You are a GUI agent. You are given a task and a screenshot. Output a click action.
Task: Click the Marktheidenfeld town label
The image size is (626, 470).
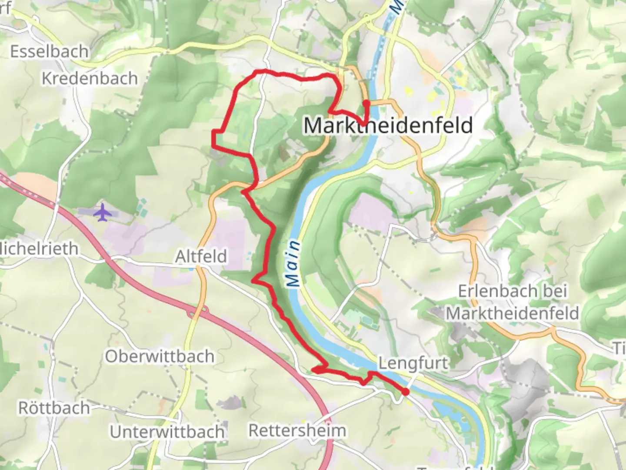pyautogui.click(x=388, y=125)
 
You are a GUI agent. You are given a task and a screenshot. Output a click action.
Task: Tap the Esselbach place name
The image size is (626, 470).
pyautogui.click(x=49, y=52)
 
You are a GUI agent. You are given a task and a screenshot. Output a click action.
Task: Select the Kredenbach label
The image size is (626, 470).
pyautogui.click(x=90, y=78)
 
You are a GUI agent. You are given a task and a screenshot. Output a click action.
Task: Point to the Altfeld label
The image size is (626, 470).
pyautogui.click(x=201, y=256)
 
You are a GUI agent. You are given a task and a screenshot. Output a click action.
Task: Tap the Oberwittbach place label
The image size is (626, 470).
pyautogui.click(x=160, y=356)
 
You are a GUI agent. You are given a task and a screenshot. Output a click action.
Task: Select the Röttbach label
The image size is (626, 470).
pyautogui.click(x=54, y=408)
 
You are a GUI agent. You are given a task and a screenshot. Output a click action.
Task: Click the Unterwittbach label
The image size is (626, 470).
pyautogui.click(x=167, y=432)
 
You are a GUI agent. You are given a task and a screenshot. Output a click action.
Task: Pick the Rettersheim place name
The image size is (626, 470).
pyautogui.click(x=297, y=430)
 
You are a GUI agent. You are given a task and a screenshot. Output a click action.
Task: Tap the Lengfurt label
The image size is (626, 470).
pyautogui.click(x=413, y=363)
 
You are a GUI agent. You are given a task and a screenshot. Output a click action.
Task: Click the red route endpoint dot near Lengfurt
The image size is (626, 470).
pyautogui.click(x=405, y=392)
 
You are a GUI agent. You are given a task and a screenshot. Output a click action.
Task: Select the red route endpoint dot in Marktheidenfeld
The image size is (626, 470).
pyautogui.click(x=366, y=103)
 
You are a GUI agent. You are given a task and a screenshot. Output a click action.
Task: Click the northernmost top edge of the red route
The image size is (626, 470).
pyautogui.click(x=261, y=70)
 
